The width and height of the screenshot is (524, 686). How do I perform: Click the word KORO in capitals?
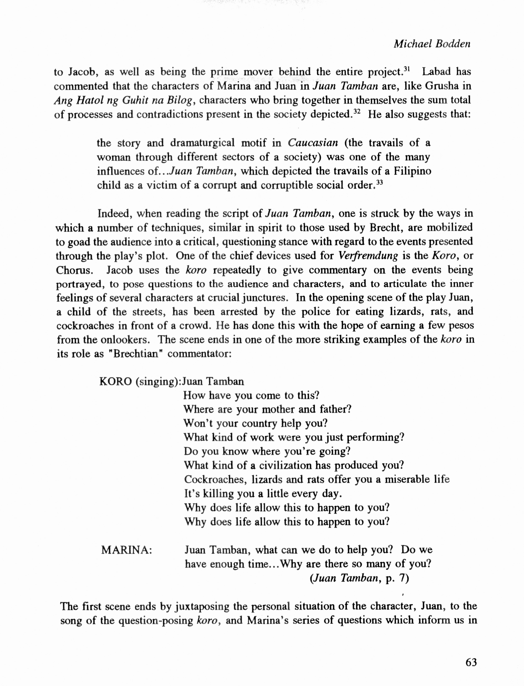(115, 382)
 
